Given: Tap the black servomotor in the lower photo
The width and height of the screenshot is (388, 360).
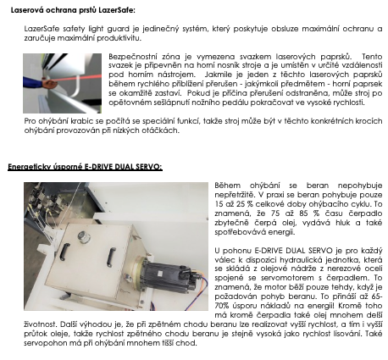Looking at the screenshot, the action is [x=166, y=274].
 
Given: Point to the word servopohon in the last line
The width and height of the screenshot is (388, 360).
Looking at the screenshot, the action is [x=36, y=341].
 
